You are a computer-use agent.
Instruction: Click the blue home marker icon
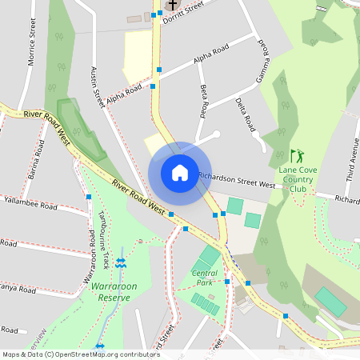coord(180,173)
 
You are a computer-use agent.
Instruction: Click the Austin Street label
coord(97,87)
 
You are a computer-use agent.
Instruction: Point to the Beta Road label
coord(204,98)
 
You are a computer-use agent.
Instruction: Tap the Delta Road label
coord(246,114)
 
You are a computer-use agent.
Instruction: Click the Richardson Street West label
coord(237,180)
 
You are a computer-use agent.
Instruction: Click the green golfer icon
coord(298,155)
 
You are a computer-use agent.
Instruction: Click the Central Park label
coord(204,278)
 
